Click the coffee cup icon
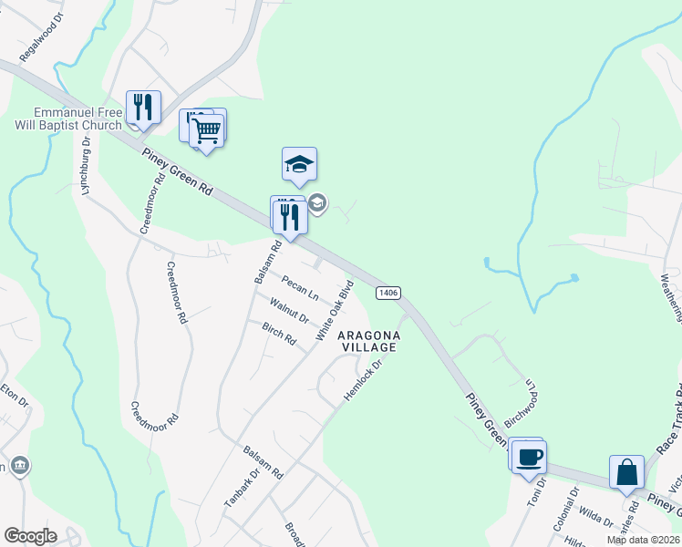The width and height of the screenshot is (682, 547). [x=528, y=456]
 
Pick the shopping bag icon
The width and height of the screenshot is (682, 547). [x=626, y=472]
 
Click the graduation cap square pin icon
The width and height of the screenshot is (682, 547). [x=299, y=165]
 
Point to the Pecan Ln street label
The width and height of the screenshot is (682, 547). [x=300, y=289]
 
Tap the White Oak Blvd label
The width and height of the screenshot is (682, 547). [x=335, y=312]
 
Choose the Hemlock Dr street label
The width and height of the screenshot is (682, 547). [x=361, y=379]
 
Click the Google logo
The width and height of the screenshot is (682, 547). [x=30, y=536]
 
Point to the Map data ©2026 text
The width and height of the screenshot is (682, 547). [x=643, y=540]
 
